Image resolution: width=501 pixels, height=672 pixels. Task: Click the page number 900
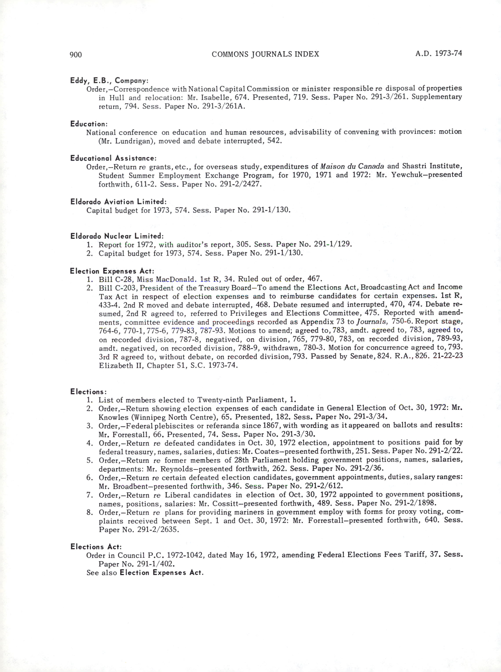(76, 55)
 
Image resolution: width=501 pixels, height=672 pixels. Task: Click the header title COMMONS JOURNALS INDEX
(265, 54)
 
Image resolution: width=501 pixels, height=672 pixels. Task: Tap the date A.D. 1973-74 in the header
(439, 54)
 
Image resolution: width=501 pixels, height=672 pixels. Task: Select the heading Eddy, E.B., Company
(109, 81)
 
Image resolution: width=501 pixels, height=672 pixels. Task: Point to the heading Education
(89, 124)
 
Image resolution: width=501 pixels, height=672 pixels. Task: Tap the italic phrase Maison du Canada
(352, 166)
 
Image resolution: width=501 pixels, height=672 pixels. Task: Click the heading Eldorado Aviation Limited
(118, 202)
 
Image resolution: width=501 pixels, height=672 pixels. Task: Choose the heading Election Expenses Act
(112, 271)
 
